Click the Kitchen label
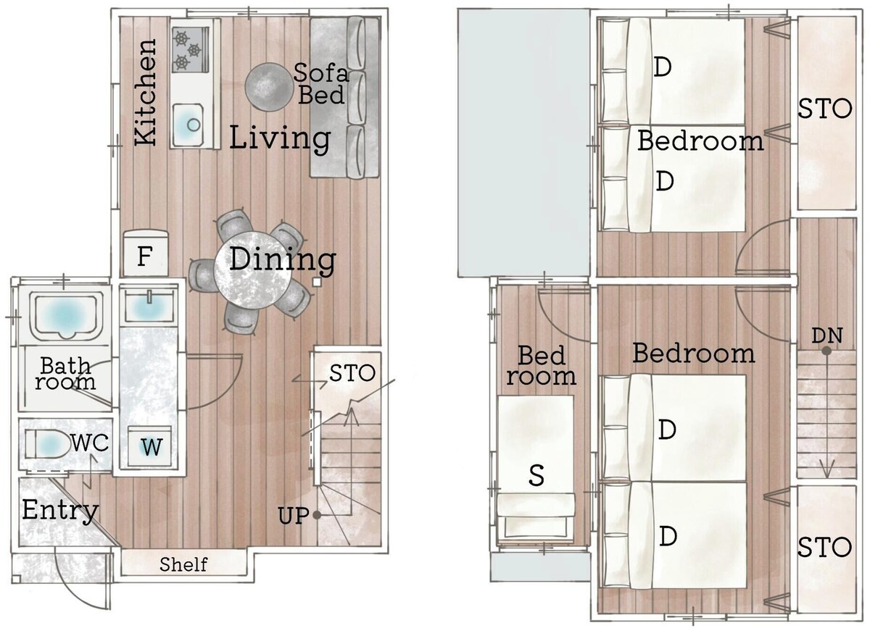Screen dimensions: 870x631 [145, 92]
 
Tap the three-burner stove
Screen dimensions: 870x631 [190, 49]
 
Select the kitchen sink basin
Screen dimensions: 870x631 [188, 125]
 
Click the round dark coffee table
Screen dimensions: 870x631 [268, 88]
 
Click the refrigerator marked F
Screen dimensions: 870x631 [145, 253]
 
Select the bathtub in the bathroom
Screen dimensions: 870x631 [65, 317]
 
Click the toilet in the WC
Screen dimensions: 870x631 [48, 444]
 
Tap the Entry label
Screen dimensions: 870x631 [60, 511]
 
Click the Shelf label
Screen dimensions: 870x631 [183, 564]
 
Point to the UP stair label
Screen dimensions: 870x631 [294, 516]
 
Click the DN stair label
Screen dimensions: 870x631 [827, 335]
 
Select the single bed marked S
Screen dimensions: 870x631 [536, 468]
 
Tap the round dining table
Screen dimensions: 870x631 [252, 270]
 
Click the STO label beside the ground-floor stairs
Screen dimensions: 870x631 [352, 373]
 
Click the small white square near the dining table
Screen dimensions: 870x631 [317, 282]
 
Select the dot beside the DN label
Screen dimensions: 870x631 [826, 351]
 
